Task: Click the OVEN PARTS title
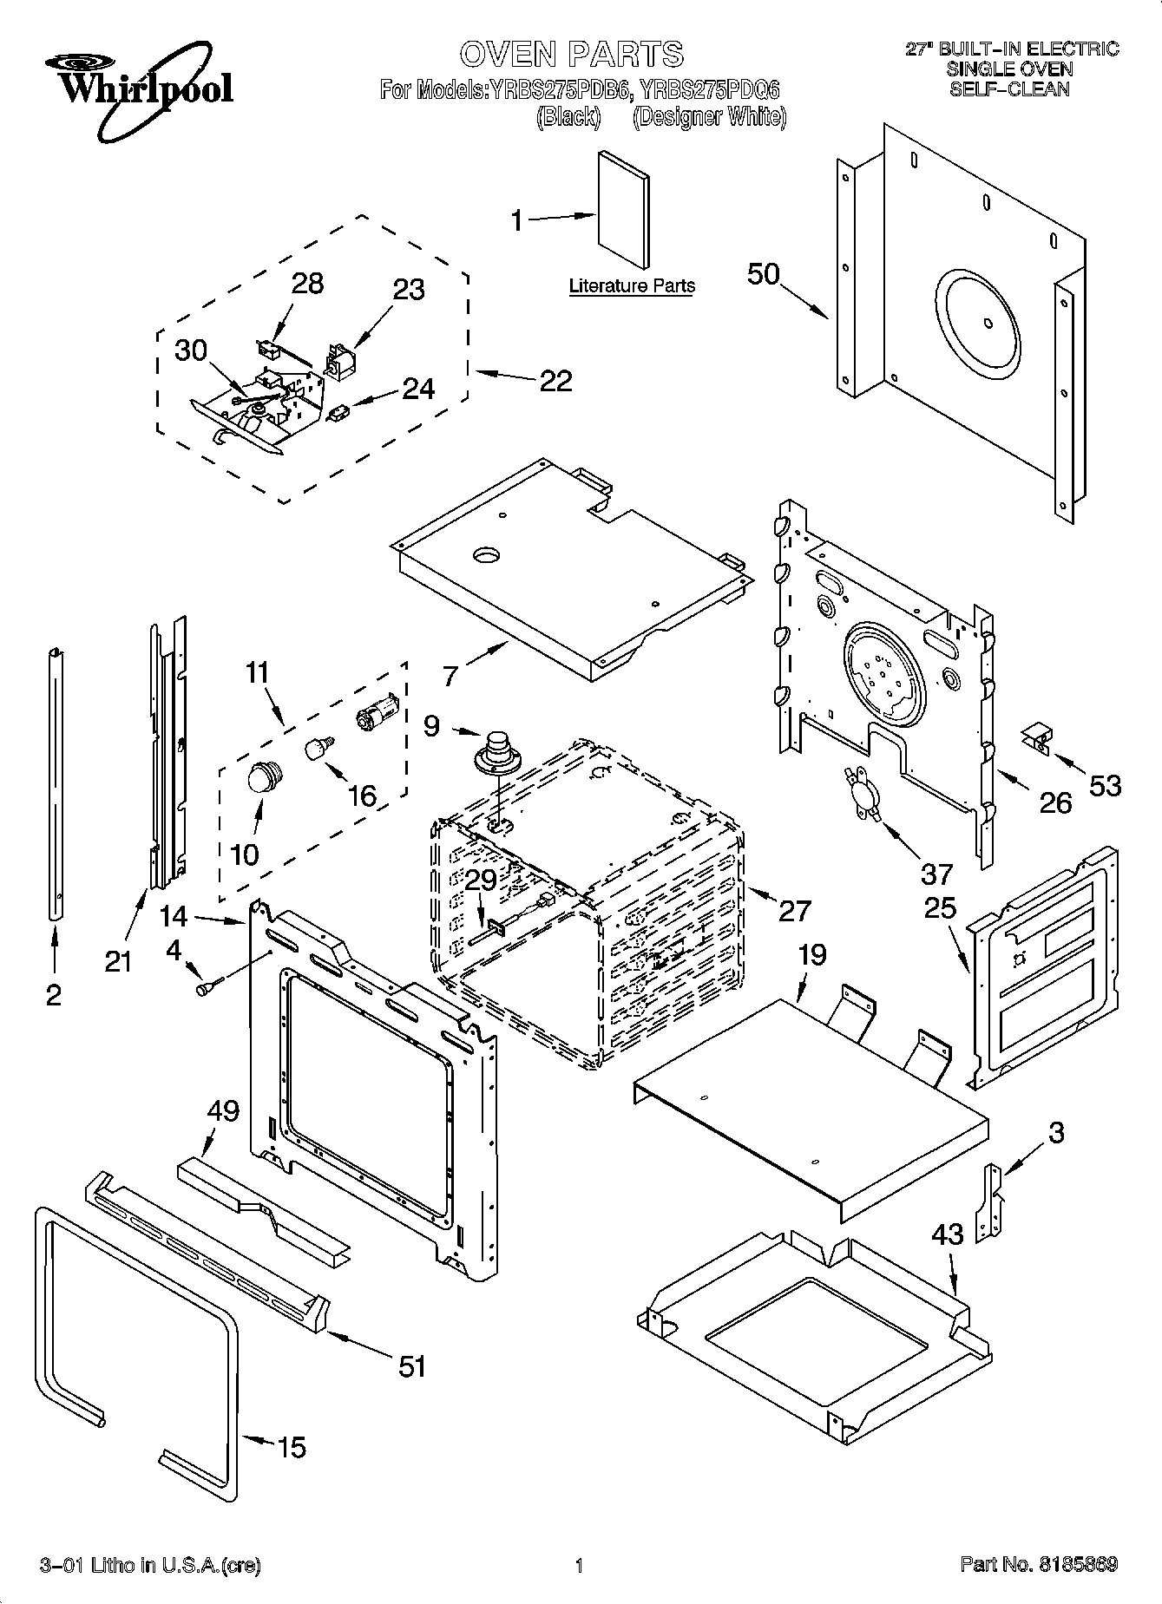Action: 571,54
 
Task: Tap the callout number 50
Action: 764,274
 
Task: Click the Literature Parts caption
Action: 631,285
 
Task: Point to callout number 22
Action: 555,380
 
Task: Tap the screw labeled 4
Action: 209,985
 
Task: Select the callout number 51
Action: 412,1366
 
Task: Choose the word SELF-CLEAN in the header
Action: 1009,88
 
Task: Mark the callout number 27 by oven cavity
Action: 794,910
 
